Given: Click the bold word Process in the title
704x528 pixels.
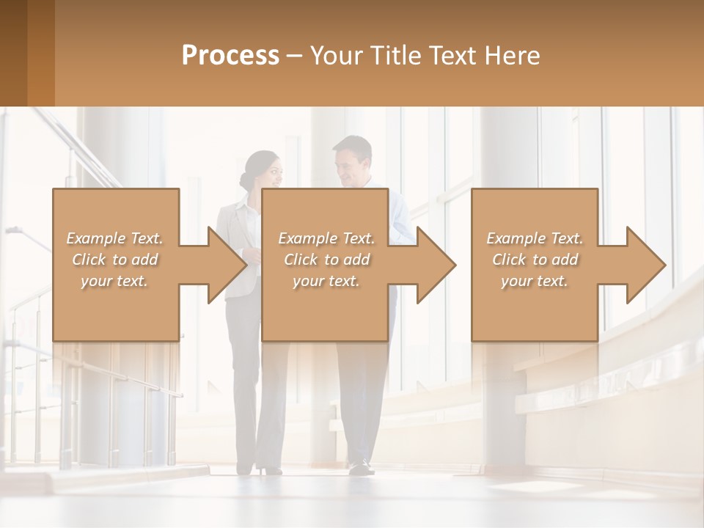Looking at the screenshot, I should (230, 56).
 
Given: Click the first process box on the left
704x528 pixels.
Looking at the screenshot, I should (116, 308).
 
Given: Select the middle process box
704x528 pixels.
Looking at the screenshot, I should (325, 308).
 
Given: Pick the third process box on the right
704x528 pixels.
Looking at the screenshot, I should (535, 308).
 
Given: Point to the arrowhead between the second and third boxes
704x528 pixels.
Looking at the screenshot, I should (436, 265).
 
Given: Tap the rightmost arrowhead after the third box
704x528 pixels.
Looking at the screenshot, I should (645, 265).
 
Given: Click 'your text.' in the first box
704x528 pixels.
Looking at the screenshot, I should (114, 280).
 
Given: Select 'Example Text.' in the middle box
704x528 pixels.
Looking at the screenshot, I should (326, 238).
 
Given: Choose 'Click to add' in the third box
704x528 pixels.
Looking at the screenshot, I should (535, 260).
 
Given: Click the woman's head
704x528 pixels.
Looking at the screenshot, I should (263, 170).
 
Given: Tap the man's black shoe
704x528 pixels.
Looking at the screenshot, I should (360, 466).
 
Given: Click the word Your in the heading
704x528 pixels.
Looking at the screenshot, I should (336, 56).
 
